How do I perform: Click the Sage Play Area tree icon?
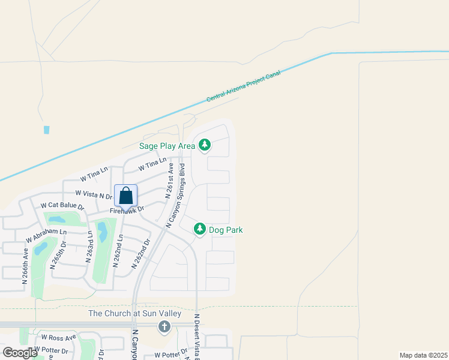point(205,145)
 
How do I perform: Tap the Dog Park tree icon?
point(200,229)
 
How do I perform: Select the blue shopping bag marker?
point(125,196)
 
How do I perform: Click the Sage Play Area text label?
point(167,146)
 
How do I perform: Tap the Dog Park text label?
point(226,230)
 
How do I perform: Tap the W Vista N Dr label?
point(94,194)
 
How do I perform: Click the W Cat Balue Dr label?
point(62,206)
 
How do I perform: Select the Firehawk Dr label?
point(128,210)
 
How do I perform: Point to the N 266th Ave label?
point(26,262)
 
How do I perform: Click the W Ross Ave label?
point(58,337)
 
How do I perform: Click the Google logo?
point(20,352)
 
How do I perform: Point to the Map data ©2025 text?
point(423,355)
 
